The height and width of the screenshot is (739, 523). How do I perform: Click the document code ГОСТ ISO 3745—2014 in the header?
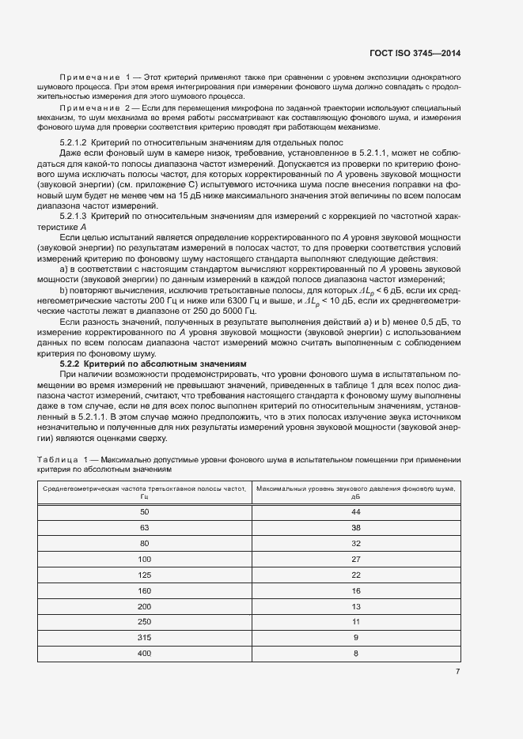tap(415, 54)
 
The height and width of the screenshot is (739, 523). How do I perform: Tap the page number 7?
tap(457, 673)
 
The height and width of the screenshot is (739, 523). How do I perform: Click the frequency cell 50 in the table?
tap(144, 512)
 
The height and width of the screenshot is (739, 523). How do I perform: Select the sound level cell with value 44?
tap(356, 512)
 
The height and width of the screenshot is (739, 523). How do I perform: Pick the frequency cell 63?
tap(144, 526)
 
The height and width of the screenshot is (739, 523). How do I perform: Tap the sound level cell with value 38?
tap(356, 526)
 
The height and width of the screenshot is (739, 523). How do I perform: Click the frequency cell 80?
tap(144, 543)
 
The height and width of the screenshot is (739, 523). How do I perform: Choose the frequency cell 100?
tap(144, 559)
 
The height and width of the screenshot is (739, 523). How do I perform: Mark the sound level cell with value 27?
tap(356, 559)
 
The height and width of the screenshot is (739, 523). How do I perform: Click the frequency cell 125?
tap(144, 575)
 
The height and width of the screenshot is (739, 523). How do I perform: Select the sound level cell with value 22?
tap(356, 575)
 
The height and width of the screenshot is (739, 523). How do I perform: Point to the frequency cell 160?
tap(144, 590)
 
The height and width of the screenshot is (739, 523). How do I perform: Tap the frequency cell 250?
tap(144, 622)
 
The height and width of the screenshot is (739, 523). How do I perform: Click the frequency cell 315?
tap(144, 637)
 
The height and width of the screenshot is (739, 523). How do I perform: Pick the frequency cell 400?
tap(144, 653)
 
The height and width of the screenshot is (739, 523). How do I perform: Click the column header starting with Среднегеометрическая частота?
tap(144, 492)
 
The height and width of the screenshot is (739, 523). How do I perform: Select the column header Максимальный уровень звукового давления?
tap(356, 492)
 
